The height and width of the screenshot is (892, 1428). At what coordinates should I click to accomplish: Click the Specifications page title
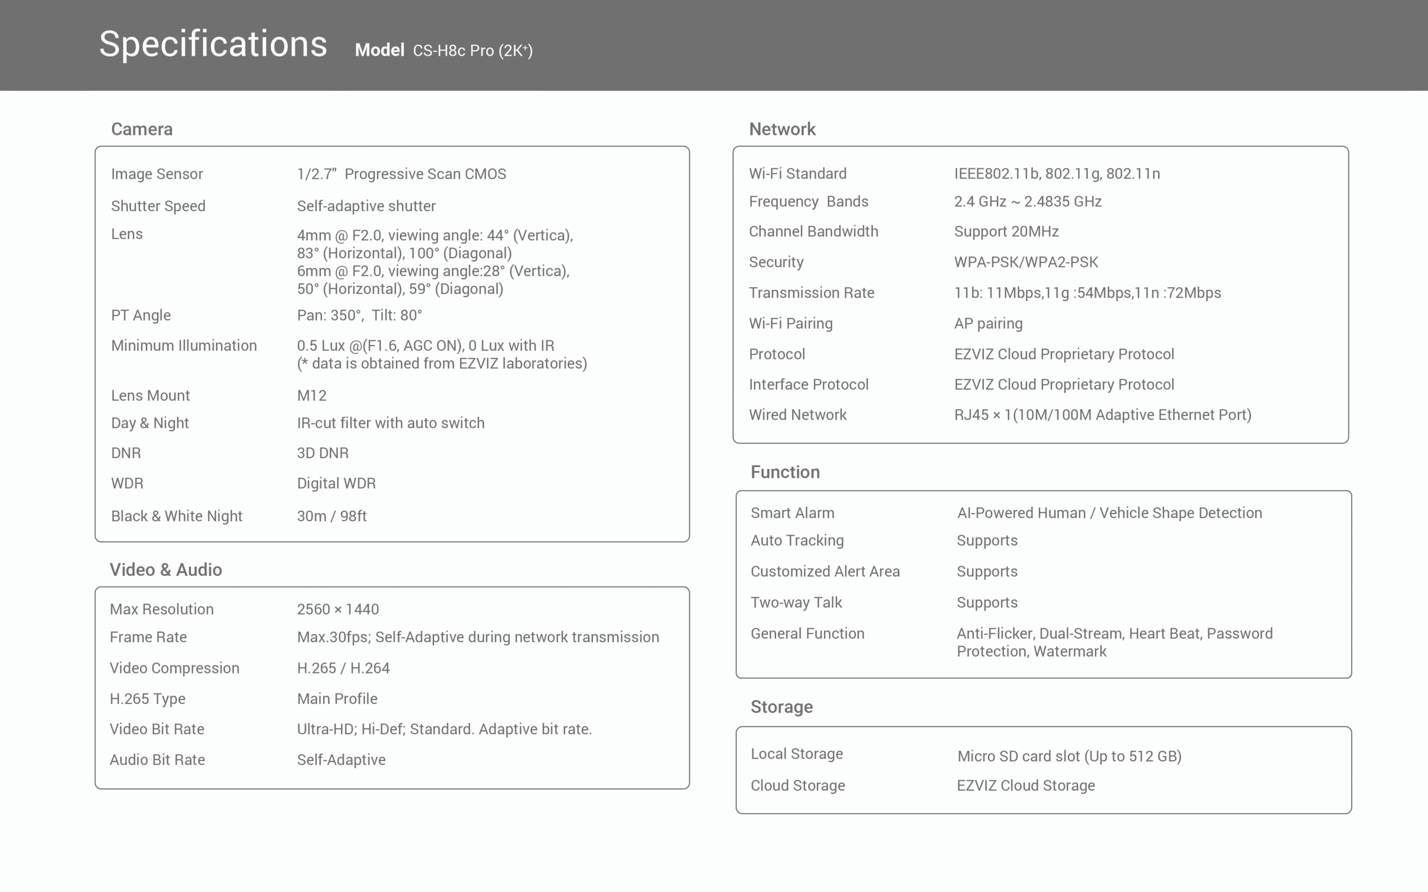pos(213,44)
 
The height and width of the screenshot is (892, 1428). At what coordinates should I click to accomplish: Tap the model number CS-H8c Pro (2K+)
pos(472,51)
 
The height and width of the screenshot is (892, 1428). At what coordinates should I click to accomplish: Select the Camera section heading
pos(142,129)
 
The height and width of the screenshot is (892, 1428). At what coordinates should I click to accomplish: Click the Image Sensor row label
pos(157,174)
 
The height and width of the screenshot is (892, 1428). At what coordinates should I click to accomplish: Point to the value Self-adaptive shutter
pos(366,206)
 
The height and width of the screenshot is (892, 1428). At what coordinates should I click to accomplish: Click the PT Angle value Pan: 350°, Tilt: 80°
pos(359,315)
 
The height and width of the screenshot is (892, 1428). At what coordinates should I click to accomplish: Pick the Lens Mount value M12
pos(312,395)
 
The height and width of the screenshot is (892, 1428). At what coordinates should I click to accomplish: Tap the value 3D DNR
pos(323,453)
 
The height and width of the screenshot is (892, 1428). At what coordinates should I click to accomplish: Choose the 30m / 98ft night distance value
pos(332,516)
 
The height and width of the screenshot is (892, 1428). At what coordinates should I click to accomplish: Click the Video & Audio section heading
pos(166,570)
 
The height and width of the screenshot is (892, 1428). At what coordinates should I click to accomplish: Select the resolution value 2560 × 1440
pos(337,609)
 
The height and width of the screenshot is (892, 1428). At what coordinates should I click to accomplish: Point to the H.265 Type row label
pos(147,699)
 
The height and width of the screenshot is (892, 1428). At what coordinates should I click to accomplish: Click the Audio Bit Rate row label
pos(157,760)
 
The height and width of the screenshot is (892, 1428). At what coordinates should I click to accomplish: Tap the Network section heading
pos(782,129)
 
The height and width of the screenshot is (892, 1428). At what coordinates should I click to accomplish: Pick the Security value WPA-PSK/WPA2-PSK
pos(1026,262)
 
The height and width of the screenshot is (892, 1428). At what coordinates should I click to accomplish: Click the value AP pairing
pos(988,323)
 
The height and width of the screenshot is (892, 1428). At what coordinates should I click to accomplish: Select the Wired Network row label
pos(797,415)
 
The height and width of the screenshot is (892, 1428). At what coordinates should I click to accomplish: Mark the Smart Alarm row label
pos(793,513)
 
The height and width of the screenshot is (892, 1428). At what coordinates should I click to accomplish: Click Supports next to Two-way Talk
pos(987,602)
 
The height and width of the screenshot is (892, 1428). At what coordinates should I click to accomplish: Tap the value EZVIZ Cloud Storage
pos(1026,786)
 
